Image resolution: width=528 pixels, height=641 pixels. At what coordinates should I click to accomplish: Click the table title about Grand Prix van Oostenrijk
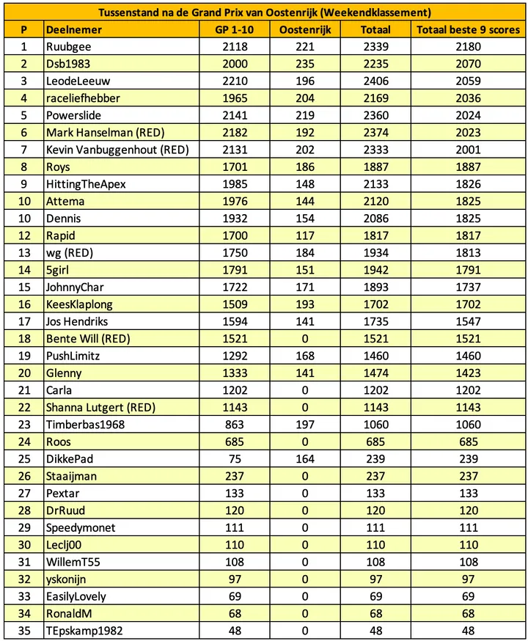[264, 12]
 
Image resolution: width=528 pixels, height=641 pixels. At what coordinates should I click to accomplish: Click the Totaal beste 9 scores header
[468, 30]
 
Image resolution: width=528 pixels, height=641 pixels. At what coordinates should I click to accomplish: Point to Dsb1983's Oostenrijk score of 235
[304, 64]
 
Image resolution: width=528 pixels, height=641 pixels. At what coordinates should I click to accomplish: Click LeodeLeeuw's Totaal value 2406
[375, 81]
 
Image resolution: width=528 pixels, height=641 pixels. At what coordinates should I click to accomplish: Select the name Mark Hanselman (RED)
[104, 133]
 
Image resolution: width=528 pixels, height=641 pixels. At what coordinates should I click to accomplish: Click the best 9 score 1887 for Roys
[468, 167]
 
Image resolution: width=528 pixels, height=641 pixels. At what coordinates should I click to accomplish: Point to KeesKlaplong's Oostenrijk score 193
[304, 304]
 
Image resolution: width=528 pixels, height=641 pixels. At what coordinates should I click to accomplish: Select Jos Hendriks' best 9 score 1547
[468, 321]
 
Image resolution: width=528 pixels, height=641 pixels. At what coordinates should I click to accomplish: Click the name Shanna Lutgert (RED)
[100, 407]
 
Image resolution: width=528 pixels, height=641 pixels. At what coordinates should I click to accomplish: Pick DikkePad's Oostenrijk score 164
[304, 459]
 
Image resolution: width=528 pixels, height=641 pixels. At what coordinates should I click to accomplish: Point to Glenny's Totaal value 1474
[375, 373]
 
